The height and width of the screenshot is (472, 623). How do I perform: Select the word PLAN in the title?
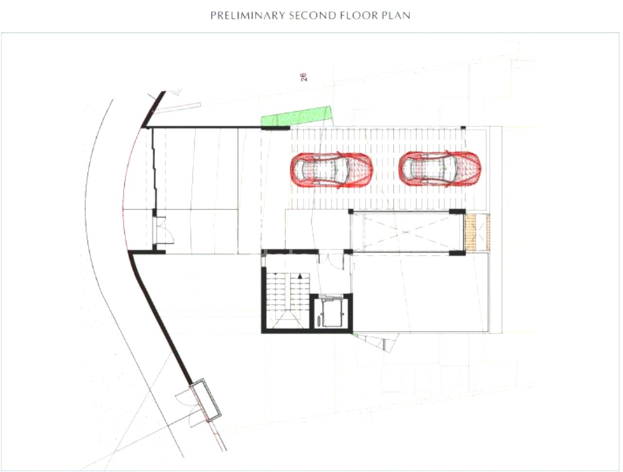(396, 16)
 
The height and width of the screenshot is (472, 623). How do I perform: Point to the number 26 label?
(304, 76)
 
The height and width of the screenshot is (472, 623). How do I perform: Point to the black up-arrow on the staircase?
(301, 276)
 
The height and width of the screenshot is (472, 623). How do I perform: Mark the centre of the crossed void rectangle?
(406, 232)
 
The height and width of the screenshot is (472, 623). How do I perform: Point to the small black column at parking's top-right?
(463, 128)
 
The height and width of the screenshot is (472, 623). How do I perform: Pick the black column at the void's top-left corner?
(350, 211)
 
